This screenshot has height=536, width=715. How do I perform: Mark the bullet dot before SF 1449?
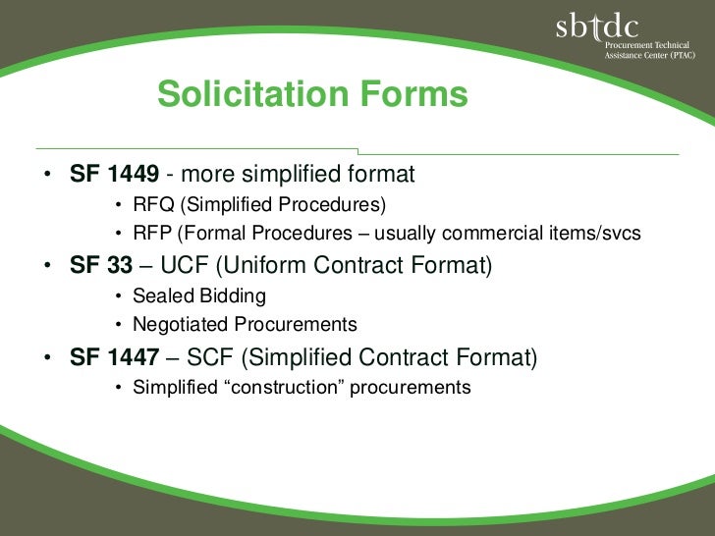pyautogui.click(x=46, y=176)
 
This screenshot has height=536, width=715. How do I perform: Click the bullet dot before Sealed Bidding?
pyautogui.click(x=118, y=296)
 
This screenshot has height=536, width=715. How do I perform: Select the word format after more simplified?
pyautogui.click(x=380, y=175)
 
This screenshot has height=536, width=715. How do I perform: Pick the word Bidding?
pyautogui.click(x=231, y=296)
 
